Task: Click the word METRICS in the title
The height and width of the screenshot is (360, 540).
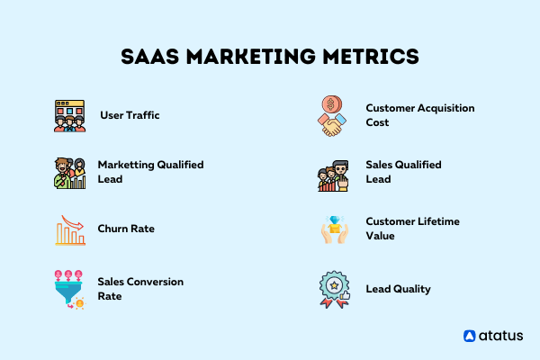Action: (371, 57)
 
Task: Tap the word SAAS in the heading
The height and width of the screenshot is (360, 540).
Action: (149, 57)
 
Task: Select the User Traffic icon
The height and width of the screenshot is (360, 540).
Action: (69, 116)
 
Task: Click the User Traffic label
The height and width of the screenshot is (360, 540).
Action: (130, 115)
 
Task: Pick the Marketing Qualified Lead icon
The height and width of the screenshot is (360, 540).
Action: (69, 173)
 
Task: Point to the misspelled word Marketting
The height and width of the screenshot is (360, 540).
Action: (126, 165)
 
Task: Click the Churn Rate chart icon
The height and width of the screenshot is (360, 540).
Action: (70, 230)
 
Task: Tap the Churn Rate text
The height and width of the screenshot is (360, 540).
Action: (126, 229)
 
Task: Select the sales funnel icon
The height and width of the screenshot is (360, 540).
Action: (69, 290)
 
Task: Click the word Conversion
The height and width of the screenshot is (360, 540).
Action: (155, 282)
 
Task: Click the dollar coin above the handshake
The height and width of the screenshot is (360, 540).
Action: (331, 104)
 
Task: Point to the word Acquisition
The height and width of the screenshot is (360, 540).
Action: (446, 108)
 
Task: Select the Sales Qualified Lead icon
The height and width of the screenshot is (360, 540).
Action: (333, 175)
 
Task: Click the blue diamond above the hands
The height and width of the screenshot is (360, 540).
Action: (335, 220)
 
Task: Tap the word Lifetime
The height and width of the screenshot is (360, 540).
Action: (436, 221)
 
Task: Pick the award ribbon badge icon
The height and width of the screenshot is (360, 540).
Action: (335, 290)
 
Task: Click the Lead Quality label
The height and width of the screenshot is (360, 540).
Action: (398, 289)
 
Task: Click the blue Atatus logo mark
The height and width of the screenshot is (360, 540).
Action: (470, 336)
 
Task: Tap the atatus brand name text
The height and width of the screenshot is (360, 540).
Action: (500, 336)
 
